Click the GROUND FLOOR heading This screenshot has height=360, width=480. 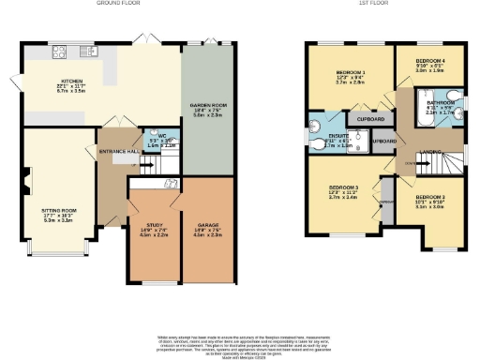pos(117,4)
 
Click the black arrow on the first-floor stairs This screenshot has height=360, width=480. pos(409,163)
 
